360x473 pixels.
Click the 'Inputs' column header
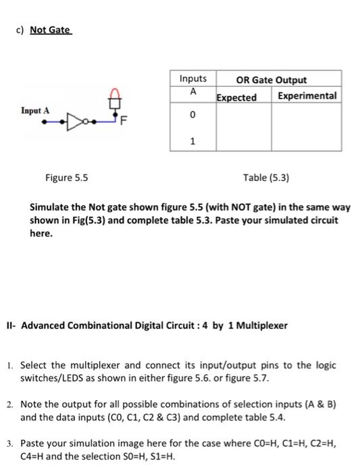pyautogui.click(x=193, y=79)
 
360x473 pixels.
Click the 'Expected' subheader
pyautogui.click(x=236, y=97)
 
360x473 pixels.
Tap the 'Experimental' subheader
pyautogui.click(x=307, y=95)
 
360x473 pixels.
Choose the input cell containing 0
pyautogui.click(x=193, y=116)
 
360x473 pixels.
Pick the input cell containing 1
pyautogui.click(x=193, y=141)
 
